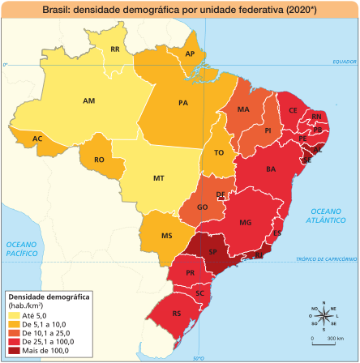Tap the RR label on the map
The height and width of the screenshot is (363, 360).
115,49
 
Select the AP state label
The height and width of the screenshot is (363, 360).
191,54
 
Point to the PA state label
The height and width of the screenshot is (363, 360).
183,103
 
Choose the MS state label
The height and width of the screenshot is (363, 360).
166,236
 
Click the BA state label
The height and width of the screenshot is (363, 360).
271,169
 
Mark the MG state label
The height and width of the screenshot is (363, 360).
246,221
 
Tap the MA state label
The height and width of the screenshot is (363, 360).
243,109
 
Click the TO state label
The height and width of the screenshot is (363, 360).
218,152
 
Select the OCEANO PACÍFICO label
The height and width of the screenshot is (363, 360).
24,249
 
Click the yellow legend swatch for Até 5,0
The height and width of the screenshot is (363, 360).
14,314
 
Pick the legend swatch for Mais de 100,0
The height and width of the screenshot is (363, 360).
14,351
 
